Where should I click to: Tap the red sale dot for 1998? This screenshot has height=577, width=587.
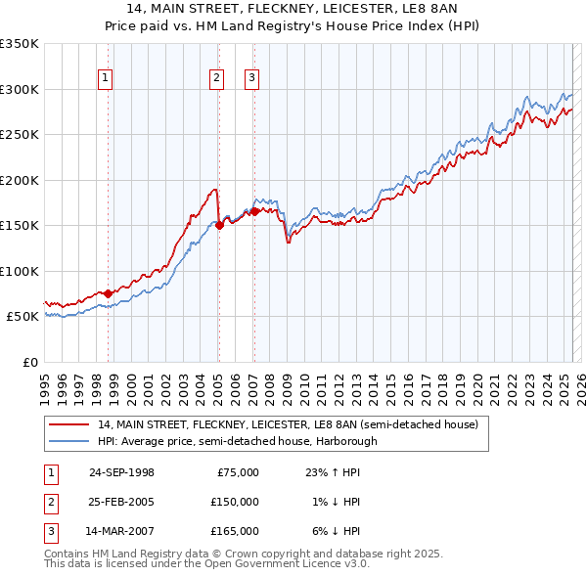(x=108, y=293)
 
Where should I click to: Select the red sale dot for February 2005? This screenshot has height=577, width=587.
(x=219, y=225)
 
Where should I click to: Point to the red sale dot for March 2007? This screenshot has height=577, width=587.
(x=254, y=211)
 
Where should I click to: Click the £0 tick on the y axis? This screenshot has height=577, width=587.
(x=27, y=362)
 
